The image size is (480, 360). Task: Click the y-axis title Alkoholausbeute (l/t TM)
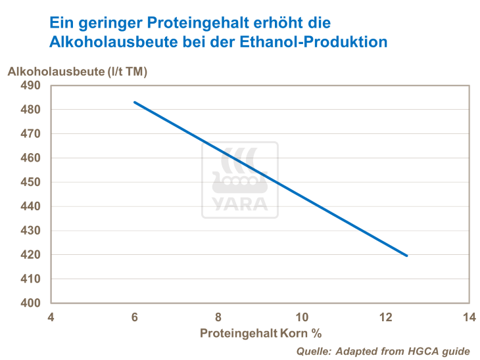[77, 71]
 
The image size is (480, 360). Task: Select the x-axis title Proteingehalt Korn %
[260, 332]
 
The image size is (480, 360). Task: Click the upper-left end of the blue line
[134, 102]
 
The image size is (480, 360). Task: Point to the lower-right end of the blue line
[407, 256]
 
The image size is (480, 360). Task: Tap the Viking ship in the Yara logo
[239, 172]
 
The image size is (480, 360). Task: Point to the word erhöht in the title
[284, 23]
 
